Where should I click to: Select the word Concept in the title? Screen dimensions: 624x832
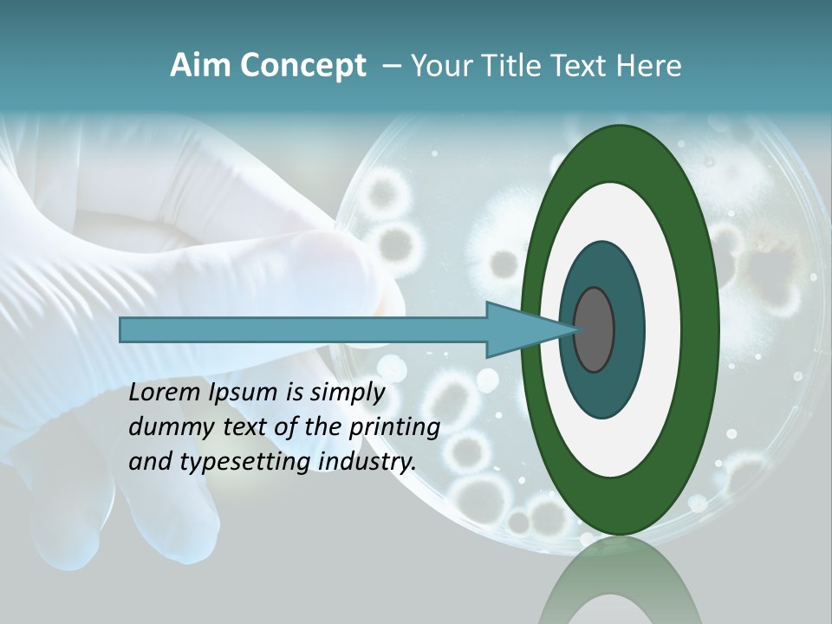tap(302, 66)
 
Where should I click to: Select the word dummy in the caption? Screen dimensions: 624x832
tap(166, 427)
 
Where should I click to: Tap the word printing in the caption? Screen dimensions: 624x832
tap(394, 428)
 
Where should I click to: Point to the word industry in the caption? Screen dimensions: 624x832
tap(367, 462)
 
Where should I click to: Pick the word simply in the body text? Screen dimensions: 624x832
tap(348, 393)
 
